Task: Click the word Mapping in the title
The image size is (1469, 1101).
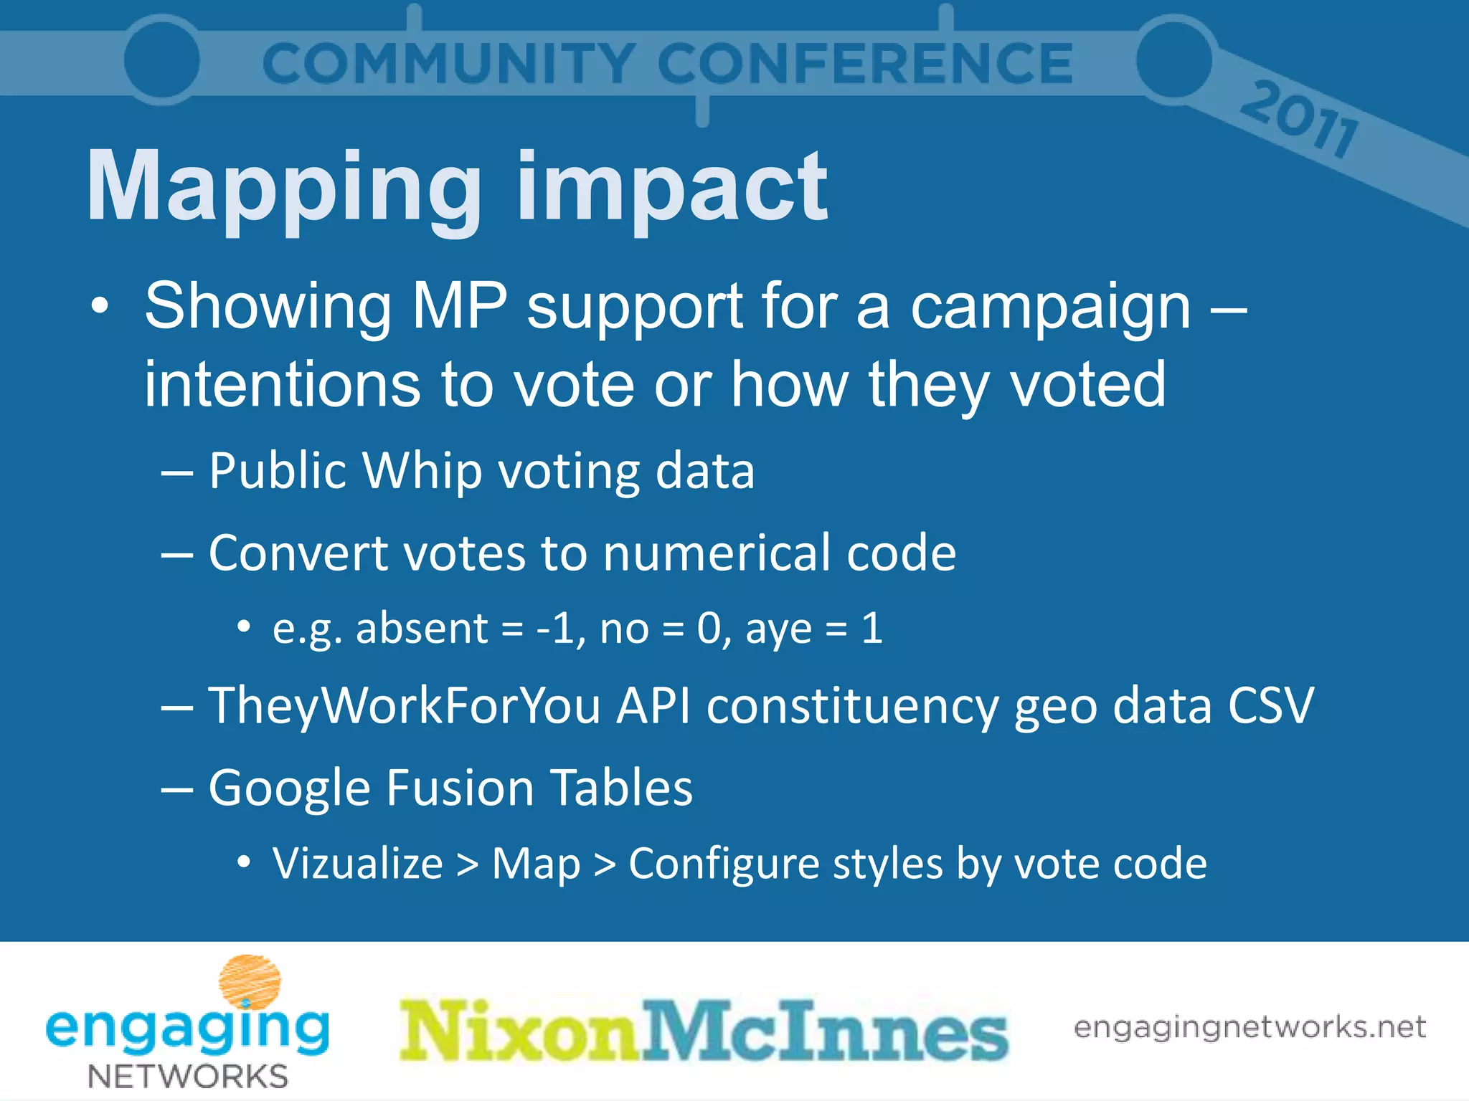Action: (283, 188)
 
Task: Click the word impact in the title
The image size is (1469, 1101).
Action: (672, 188)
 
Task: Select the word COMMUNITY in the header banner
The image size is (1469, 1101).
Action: (448, 64)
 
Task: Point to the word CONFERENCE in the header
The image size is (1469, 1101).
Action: (865, 64)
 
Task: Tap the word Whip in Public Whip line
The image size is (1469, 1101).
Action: (422, 472)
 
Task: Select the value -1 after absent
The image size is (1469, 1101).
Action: (555, 628)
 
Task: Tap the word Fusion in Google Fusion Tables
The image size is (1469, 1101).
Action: (460, 787)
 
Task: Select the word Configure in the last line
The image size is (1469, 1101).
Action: (723, 864)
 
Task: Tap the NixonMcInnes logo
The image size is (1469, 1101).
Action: (704, 1031)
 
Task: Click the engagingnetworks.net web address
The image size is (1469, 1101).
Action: (1249, 1027)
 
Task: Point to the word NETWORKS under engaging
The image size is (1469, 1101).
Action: (188, 1076)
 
